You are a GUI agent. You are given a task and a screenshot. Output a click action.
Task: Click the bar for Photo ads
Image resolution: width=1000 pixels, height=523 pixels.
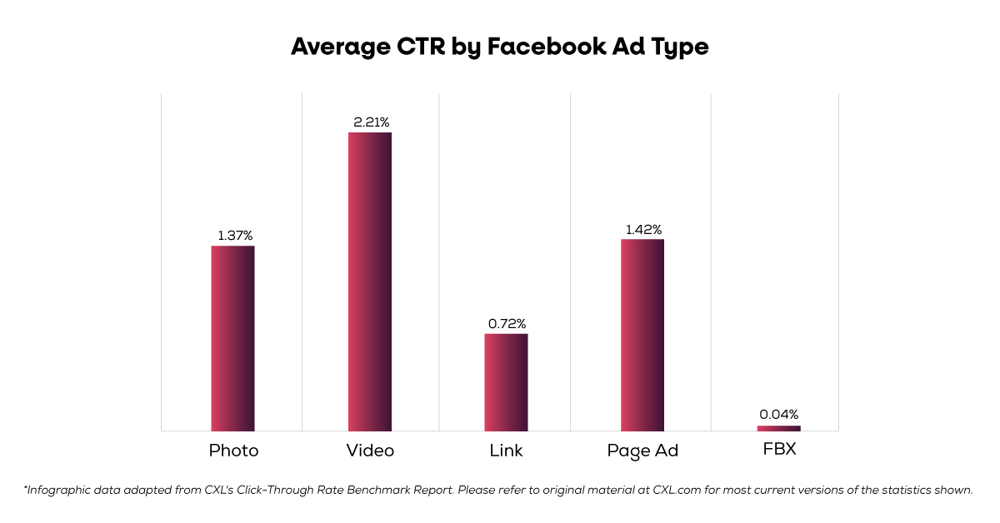[x=232, y=338]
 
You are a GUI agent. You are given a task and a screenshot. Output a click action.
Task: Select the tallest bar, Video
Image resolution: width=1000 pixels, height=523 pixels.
[x=370, y=281]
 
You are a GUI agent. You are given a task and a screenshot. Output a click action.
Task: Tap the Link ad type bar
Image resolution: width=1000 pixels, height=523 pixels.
[x=506, y=382]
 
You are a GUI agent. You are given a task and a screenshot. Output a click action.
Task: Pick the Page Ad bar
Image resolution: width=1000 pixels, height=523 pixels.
[x=642, y=335]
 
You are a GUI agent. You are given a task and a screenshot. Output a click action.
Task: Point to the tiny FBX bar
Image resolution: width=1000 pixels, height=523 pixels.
[x=778, y=428]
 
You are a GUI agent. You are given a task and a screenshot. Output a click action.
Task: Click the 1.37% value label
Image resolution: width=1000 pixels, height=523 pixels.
[x=235, y=236]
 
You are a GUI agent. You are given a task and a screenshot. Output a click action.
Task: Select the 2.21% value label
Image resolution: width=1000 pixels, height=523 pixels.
[x=371, y=122]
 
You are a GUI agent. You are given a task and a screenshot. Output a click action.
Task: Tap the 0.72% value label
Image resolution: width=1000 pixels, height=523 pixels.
[x=507, y=323]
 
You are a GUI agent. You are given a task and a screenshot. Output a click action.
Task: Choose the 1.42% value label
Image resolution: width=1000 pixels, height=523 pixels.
[x=643, y=229]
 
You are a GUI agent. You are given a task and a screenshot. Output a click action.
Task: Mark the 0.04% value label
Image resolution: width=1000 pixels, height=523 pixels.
[x=779, y=414]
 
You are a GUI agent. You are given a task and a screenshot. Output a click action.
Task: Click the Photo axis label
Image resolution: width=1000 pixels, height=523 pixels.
[x=233, y=451]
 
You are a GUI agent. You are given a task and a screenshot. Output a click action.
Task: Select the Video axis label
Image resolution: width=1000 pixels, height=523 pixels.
[x=370, y=451]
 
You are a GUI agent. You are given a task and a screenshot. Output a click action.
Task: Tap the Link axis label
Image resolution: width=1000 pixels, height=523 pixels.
[x=506, y=451]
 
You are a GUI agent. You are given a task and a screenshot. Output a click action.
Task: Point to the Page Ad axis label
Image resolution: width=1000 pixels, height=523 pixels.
[x=642, y=451]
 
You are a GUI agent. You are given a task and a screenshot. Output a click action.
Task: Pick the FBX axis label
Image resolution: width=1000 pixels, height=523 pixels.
[x=779, y=450]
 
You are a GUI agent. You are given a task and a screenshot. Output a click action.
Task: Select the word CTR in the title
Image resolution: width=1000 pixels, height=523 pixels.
[x=418, y=47]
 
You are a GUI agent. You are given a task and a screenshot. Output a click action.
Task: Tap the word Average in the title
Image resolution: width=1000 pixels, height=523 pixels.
[x=340, y=47]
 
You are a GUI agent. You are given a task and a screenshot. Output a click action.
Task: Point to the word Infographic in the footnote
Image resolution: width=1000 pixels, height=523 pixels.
[x=58, y=490]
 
